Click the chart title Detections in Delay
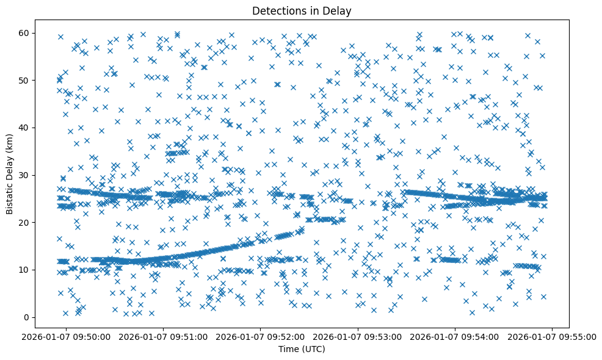(x=302, y=10)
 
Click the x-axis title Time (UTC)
(x=302, y=349)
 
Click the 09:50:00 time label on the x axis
(x=67, y=336)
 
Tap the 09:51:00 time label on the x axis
(x=164, y=336)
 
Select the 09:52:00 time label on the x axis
(x=261, y=336)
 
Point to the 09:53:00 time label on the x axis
(x=358, y=336)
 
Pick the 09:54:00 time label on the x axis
(x=455, y=336)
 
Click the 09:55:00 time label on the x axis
(x=553, y=336)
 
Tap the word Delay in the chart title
(x=339, y=10)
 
